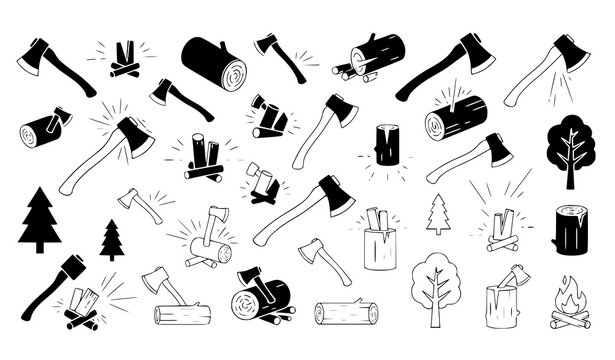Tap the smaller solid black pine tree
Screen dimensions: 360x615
click(x=111, y=239)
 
